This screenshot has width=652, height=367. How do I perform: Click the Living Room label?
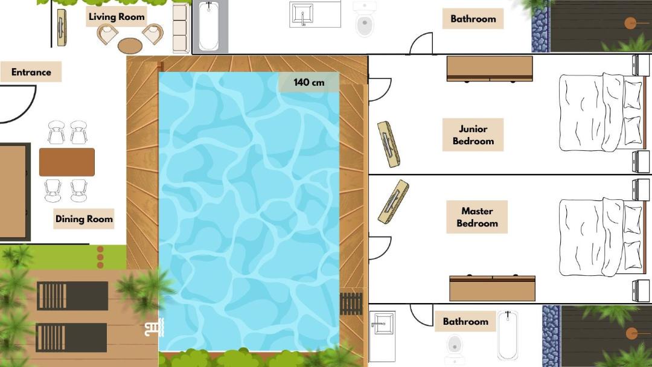[117, 17]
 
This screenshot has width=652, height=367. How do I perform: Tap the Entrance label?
[31, 72]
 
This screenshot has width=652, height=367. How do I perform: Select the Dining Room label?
[84, 219]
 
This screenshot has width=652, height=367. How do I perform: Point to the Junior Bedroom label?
[473, 135]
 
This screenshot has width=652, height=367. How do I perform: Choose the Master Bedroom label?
[477, 217]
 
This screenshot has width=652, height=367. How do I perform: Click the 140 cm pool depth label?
[309, 82]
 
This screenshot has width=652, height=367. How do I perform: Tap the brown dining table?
[67, 162]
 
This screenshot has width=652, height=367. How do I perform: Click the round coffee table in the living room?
[130, 46]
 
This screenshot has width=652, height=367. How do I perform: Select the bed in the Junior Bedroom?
[601, 112]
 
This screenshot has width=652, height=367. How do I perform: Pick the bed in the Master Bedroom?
[601, 237]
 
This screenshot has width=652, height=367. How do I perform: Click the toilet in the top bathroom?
[365, 19]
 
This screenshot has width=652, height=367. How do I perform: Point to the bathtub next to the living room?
[209, 26]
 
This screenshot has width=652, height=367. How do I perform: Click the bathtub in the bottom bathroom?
[508, 335]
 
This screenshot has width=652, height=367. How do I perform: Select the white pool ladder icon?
[155, 328]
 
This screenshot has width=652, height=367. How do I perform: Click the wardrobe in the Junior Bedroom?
[490, 69]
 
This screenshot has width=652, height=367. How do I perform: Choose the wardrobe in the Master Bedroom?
[493, 287]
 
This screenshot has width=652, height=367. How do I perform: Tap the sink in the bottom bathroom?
[382, 322]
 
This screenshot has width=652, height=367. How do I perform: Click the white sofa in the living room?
[181, 27]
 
